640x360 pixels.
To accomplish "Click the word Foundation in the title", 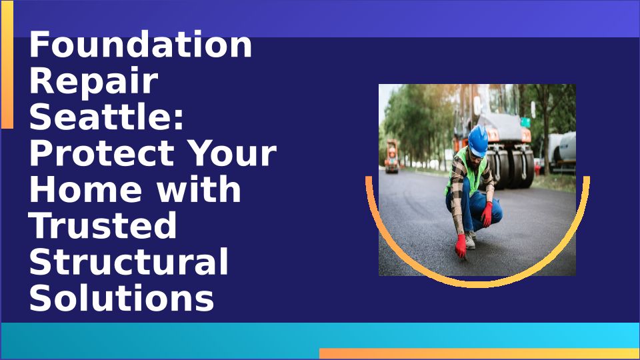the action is pos(141,45).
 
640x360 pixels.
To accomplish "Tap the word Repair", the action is pos(94,81).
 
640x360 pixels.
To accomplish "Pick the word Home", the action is pos(86,189).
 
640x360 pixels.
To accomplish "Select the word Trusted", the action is pos(103,225).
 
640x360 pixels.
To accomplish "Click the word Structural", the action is pos(129,261).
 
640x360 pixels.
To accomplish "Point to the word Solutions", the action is pos(121,297).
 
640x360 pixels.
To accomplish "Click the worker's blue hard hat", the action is pos(478,141).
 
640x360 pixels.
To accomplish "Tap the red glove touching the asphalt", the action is pos(461,246).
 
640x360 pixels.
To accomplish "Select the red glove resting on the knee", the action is pos(487,214).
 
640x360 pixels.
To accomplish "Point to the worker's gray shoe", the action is pos(470,240).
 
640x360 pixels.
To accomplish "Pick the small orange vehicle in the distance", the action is pos(392,156).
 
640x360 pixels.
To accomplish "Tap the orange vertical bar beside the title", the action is pos(7,65).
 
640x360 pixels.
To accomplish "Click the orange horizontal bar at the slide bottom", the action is pos(479,353).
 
